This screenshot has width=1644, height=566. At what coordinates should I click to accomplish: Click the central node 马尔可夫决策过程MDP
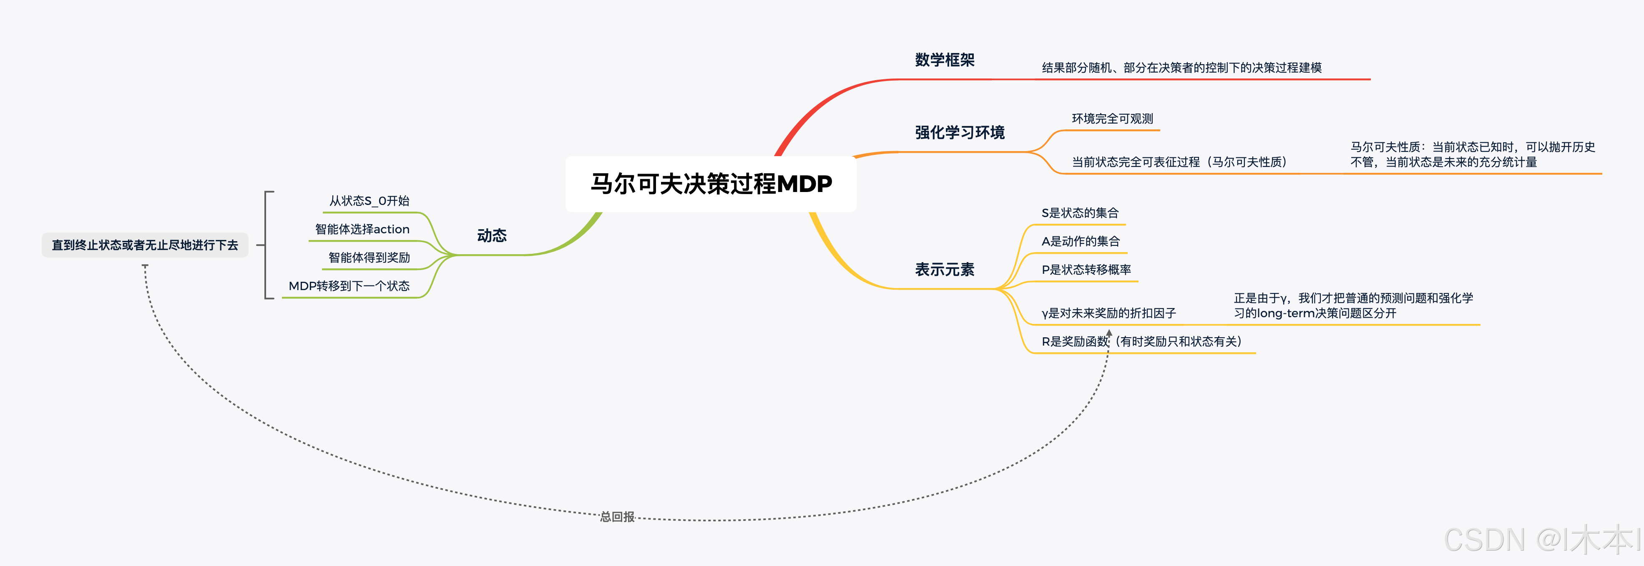click(711, 184)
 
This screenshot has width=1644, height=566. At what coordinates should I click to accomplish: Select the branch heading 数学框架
click(945, 60)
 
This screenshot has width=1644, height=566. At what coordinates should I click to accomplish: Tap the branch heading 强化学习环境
click(959, 132)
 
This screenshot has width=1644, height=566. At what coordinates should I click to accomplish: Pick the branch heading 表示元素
click(945, 270)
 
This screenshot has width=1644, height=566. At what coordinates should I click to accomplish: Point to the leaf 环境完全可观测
click(1112, 119)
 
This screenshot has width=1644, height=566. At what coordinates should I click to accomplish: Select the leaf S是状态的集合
click(1079, 213)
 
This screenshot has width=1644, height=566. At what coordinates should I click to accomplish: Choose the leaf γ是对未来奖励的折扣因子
click(1108, 313)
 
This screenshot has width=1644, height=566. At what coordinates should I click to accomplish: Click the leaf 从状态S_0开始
click(369, 201)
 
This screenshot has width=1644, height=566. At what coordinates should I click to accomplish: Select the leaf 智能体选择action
click(362, 229)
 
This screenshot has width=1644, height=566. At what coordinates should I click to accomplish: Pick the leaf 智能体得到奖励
click(369, 258)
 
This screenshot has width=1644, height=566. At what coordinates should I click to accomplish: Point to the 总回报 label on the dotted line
click(617, 517)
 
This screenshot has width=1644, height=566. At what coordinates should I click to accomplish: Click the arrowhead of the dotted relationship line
click(1109, 333)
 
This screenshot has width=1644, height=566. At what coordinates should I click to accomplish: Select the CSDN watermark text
click(1541, 540)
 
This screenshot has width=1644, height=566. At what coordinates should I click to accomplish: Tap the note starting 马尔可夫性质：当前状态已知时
click(1472, 154)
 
